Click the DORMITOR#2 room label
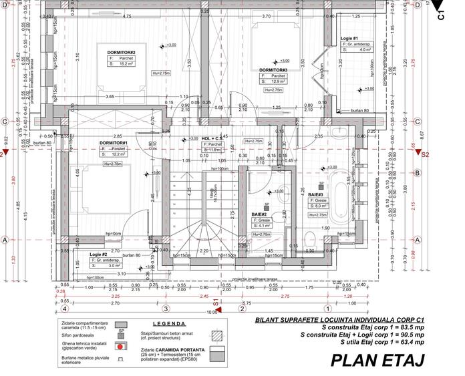tap(121, 52)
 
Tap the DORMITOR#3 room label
tap(273, 69)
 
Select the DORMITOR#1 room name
tap(114, 143)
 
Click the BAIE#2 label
tap(259, 214)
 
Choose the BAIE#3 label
tap(315, 194)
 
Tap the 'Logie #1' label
tap(349, 38)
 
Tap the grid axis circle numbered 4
tap(64, 309)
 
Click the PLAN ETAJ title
tap(377, 361)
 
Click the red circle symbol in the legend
tap(122, 347)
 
